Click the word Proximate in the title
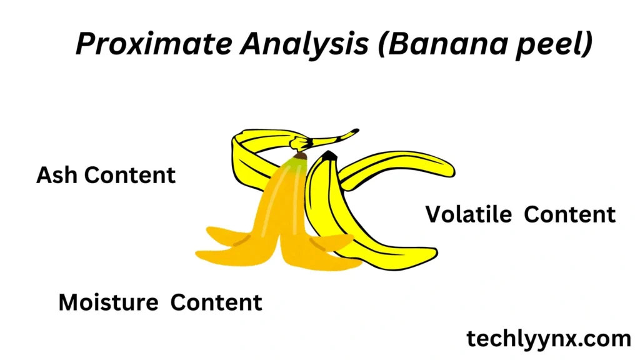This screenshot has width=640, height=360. [154, 44]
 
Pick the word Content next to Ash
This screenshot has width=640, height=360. [130, 175]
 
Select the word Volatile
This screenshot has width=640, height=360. [469, 214]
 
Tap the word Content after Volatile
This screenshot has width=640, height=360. [570, 214]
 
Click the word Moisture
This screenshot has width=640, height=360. [108, 302]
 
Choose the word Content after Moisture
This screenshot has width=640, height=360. [216, 302]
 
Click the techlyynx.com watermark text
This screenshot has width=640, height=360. [549, 339]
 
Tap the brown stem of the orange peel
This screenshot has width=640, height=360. [301, 156]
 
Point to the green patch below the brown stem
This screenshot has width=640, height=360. [296, 165]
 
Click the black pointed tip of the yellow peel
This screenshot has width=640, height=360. [329, 156]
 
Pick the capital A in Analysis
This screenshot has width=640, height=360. [252, 44]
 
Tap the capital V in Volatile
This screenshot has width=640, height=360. [435, 214]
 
